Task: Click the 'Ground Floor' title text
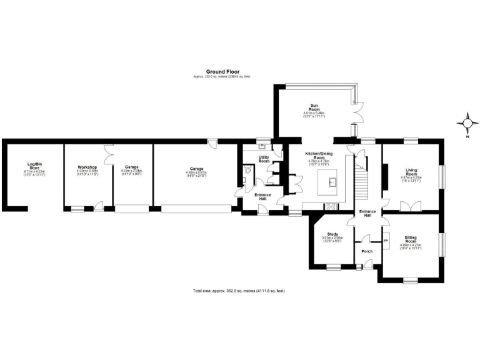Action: tap(222, 72)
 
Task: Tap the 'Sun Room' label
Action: tap(316, 107)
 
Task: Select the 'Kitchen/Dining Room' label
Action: tap(317, 156)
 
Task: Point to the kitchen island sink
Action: tap(334, 182)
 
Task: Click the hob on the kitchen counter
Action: tap(331, 206)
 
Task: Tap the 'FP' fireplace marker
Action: tap(385, 241)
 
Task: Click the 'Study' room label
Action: tap(332, 234)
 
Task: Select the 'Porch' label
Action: tap(367, 251)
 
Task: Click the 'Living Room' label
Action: tap(411, 172)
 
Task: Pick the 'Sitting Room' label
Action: tap(411, 239)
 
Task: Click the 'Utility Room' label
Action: tap(264, 159)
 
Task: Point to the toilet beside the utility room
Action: tap(248, 169)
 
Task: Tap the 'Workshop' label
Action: tap(86, 167)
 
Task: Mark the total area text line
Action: tap(238, 291)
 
